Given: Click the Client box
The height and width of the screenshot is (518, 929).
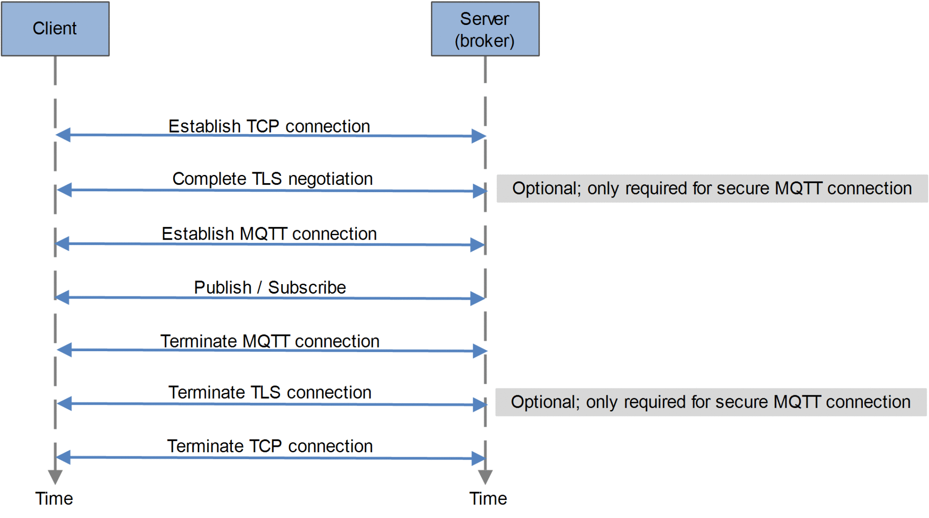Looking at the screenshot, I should tap(55, 29).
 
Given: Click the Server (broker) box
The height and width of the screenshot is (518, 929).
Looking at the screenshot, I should tap(484, 29).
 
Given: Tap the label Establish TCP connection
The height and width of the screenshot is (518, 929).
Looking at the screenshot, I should tap(269, 126).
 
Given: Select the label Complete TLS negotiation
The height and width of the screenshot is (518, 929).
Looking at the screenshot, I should tap(272, 179).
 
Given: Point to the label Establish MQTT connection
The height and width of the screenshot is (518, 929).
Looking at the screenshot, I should tap(269, 234).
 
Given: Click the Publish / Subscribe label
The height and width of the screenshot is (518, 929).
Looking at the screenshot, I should tap(269, 287).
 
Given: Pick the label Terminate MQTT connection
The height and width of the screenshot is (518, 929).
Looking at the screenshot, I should tap(269, 341).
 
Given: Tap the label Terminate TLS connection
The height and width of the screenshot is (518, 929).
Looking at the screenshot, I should tap(269, 392).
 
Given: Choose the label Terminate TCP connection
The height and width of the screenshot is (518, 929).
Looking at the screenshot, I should tap(269, 446).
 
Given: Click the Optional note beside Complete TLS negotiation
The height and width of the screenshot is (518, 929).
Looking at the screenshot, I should tap(711, 189).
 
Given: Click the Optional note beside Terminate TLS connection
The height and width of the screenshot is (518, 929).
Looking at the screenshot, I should tap(710, 402).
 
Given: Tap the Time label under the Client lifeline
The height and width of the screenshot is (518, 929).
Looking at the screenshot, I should tap(54, 499).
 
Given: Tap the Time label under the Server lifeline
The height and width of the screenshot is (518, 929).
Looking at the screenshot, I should tap(488, 499).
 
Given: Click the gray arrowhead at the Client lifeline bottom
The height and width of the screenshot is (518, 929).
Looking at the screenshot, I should tap(55, 477).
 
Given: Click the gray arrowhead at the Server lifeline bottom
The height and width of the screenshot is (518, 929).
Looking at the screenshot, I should tap(485, 477).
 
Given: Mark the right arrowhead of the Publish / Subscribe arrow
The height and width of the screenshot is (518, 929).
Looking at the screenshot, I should tap(477, 298).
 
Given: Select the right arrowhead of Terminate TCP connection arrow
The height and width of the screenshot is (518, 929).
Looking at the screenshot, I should tap(478, 458).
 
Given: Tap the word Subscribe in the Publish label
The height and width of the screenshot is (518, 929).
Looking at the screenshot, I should tap(307, 287).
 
